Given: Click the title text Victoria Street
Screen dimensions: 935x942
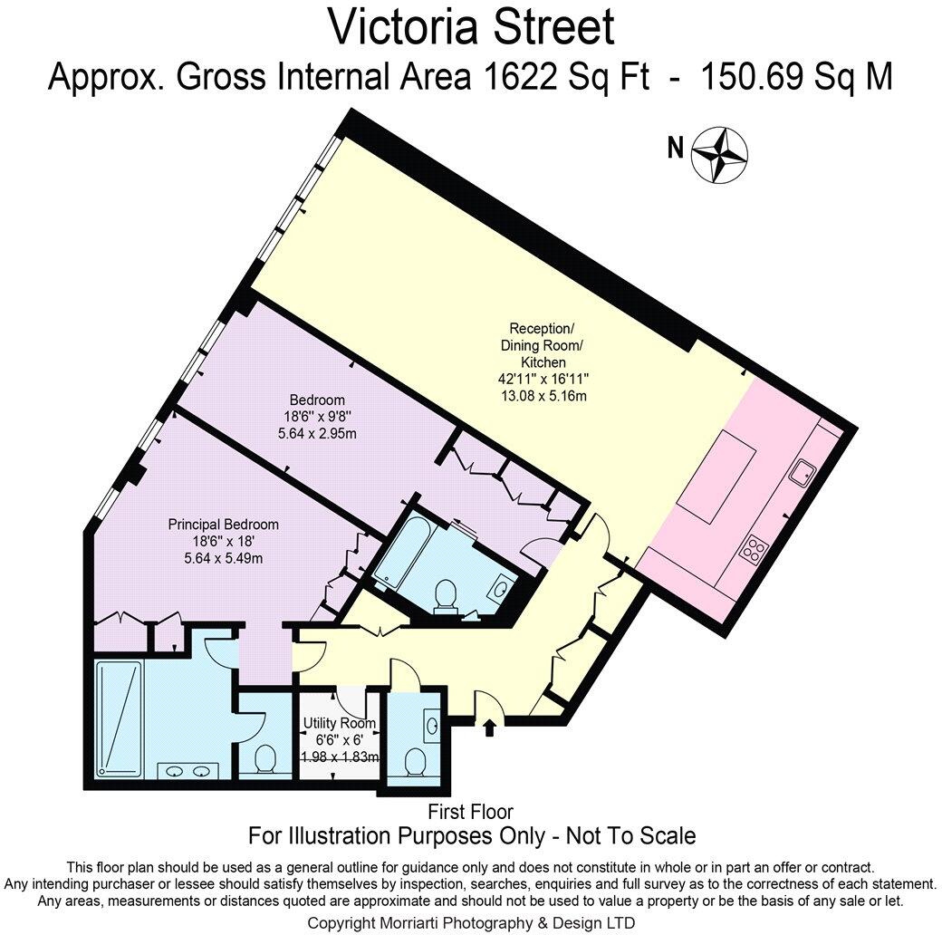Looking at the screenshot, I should tap(470, 26).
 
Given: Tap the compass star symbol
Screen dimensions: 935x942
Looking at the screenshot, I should tap(719, 154).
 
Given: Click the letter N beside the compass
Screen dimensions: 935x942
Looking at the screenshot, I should tap(675, 149).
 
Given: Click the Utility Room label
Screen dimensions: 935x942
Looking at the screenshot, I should tap(340, 723).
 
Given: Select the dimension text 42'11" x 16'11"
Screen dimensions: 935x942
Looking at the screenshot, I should tap(542, 379).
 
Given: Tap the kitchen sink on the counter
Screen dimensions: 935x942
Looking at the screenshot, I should tap(802, 471).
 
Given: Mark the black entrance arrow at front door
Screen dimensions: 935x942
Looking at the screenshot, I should tap(490, 727).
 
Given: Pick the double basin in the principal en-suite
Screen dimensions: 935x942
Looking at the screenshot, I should tap(188, 771).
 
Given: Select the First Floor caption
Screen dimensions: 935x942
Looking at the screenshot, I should tap(471, 811).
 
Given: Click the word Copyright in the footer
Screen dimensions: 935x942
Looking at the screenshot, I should tap(344, 922).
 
